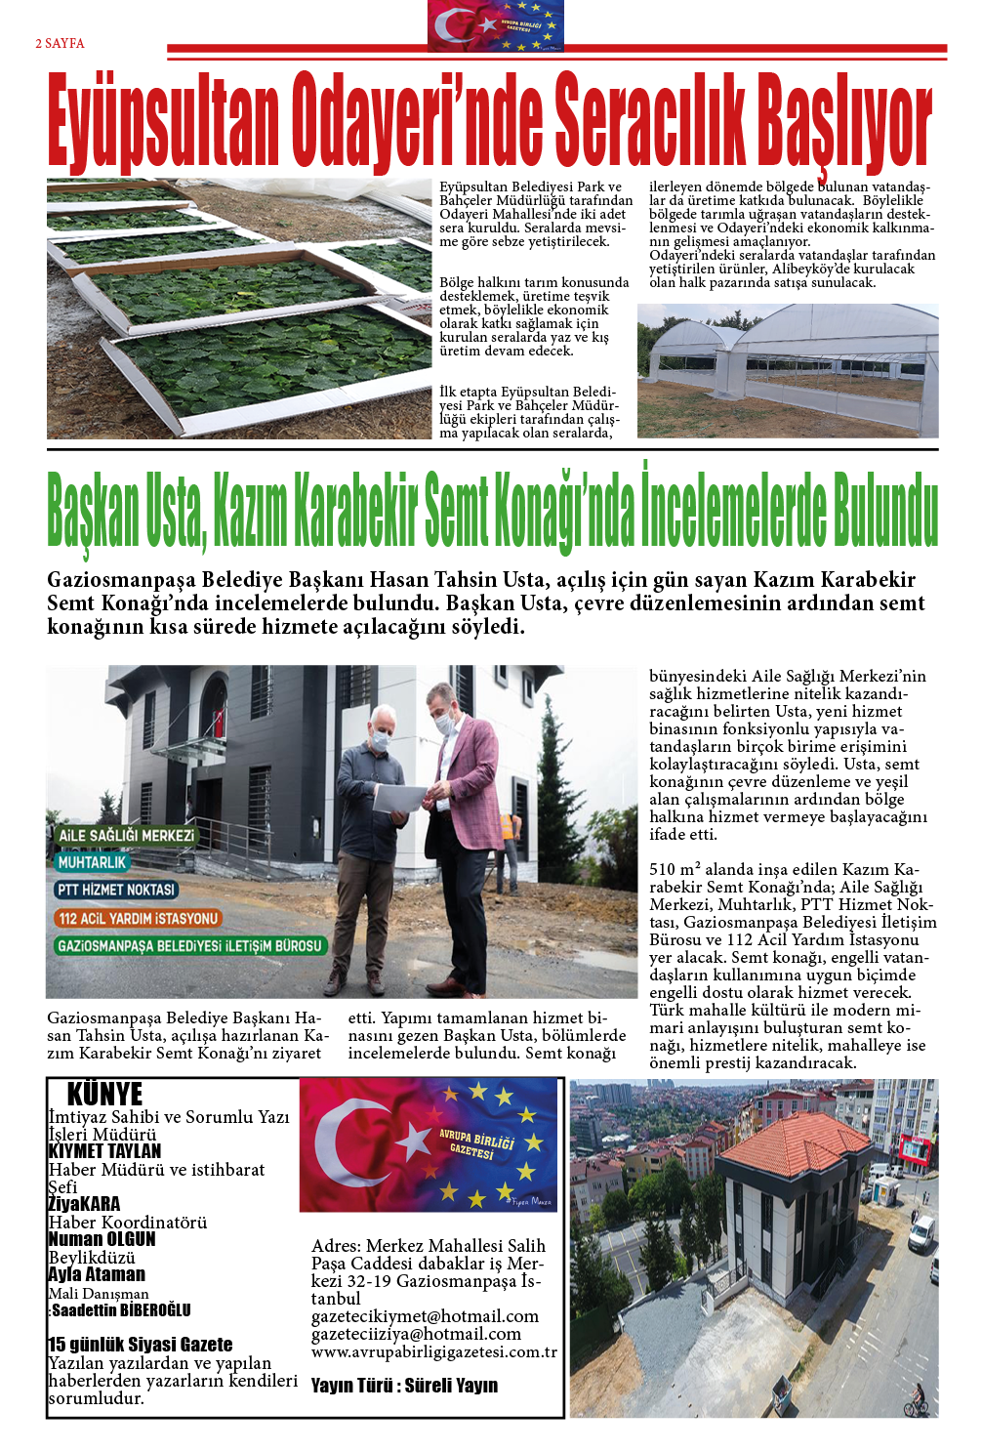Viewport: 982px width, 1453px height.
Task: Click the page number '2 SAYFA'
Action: coord(60,44)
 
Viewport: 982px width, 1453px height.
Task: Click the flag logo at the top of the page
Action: coord(496,26)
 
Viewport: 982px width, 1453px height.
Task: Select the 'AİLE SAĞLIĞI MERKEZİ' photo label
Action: coord(126,836)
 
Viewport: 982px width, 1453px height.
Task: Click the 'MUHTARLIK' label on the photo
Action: coord(92,862)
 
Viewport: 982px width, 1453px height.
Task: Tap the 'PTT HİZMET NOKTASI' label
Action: coord(116,890)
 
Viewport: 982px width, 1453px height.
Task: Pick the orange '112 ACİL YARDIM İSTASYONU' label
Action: coord(138,918)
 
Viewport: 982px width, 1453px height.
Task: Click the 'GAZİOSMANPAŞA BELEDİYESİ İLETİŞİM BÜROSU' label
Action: coord(188,945)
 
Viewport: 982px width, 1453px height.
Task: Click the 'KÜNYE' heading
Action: coord(104,1094)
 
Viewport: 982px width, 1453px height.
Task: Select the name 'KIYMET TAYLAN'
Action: coord(104,1151)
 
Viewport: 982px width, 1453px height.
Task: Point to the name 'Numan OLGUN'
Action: coord(102,1239)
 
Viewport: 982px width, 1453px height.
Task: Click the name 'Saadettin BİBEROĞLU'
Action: coord(121,1310)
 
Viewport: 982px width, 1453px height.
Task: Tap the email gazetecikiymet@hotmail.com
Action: coord(425,1316)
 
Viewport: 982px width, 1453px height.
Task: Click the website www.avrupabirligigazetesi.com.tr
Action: coord(434,1351)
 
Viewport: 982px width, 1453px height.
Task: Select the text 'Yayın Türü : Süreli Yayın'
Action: coord(404,1386)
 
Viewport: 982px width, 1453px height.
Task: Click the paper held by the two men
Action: coord(400,799)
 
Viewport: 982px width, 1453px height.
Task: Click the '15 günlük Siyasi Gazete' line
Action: coord(141,1345)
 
